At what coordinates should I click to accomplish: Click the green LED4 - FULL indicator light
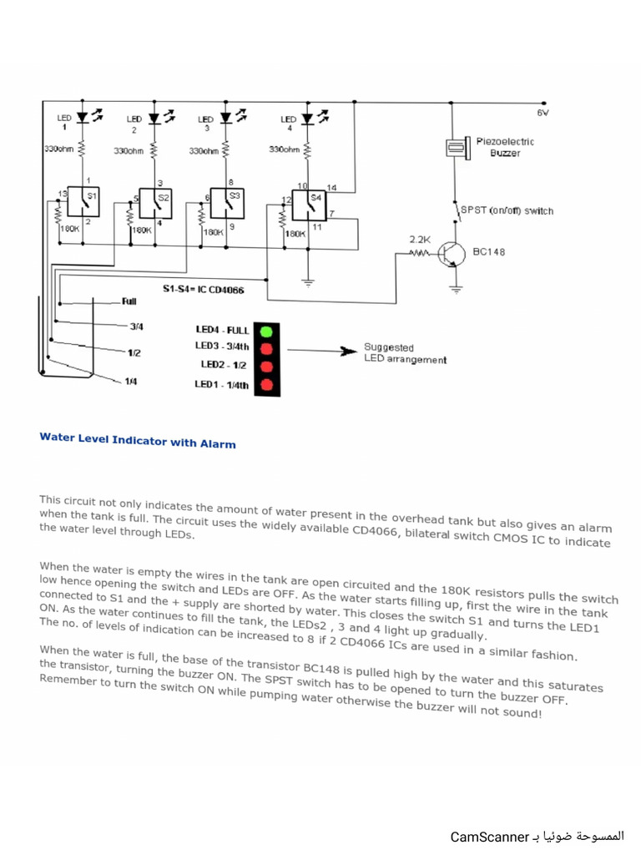(x=267, y=331)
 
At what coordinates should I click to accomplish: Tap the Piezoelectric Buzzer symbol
(x=456, y=147)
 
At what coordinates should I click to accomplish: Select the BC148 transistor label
(x=489, y=250)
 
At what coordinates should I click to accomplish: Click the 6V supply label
(x=543, y=111)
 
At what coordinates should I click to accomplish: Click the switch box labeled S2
(x=155, y=202)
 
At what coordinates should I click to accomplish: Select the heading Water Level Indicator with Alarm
(x=138, y=440)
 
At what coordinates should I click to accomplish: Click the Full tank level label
(x=129, y=301)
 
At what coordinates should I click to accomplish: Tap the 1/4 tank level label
(x=131, y=381)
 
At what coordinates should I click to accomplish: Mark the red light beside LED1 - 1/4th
(x=267, y=385)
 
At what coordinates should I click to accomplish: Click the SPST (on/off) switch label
(x=507, y=210)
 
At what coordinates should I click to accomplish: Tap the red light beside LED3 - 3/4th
(x=267, y=348)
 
